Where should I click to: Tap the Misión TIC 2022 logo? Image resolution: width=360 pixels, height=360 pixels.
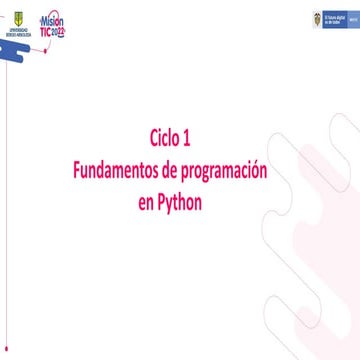(52, 23)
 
